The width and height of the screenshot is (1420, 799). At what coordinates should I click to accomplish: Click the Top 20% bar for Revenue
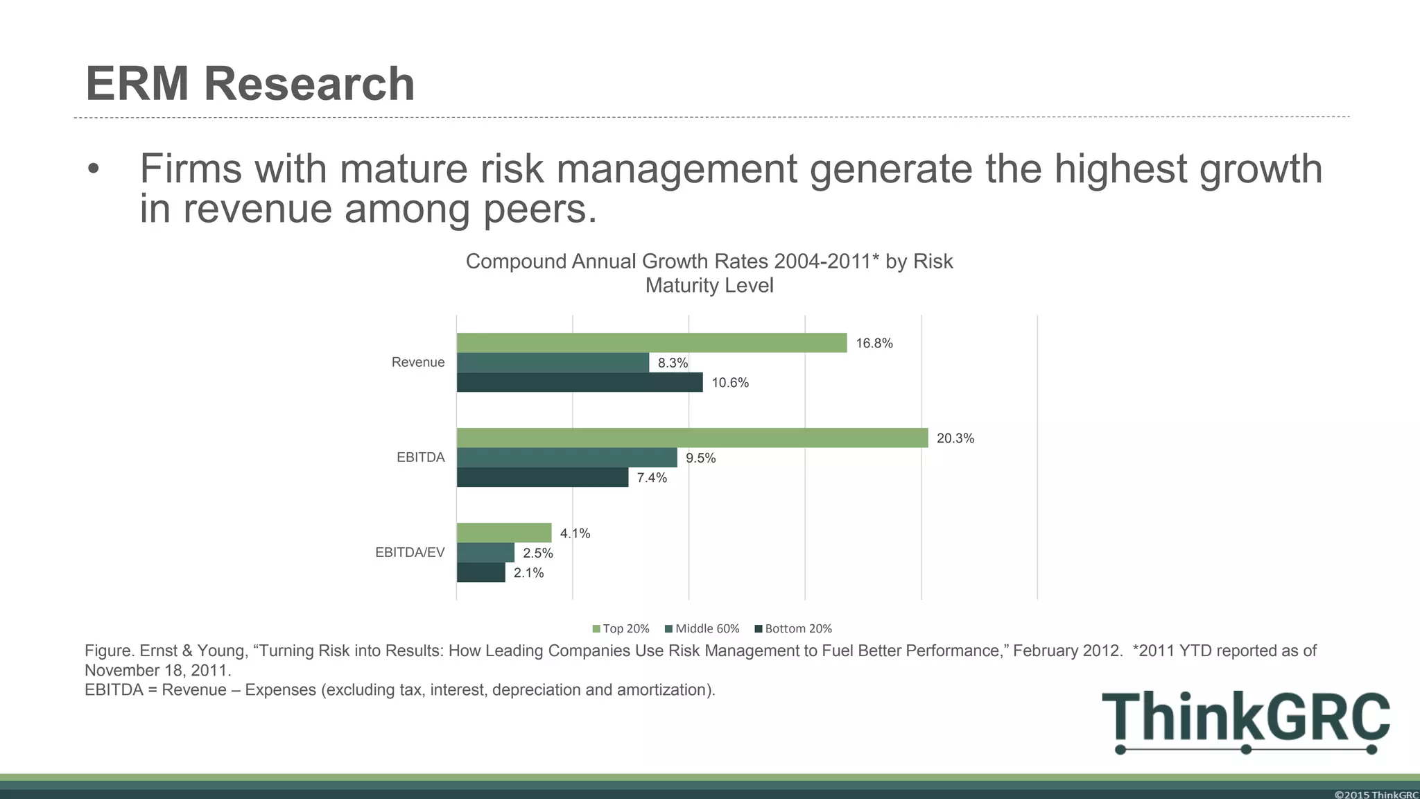click(652, 343)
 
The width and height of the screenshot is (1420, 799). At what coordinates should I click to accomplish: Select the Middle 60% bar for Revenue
click(553, 363)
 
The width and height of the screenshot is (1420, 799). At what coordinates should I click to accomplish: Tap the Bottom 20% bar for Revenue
click(580, 382)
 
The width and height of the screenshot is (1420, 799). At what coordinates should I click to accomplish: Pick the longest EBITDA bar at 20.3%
click(692, 438)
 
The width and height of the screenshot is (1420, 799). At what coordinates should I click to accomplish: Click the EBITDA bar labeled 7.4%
click(542, 477)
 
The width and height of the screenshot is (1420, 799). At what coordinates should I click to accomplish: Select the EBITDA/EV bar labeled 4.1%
click(504, 533)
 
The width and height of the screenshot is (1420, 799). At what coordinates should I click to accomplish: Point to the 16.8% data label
click(874, 343)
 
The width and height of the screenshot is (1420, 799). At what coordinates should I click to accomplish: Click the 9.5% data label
click(700, 458)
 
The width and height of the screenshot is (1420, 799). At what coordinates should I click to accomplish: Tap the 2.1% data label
click(528, 573)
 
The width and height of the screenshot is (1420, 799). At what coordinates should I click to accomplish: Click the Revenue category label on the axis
click(417, 362)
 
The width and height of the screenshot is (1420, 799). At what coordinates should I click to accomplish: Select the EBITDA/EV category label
click(409, 552)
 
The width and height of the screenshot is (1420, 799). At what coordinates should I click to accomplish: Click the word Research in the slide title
click(309, 84)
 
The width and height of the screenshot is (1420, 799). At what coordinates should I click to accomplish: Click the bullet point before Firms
click(94, 169)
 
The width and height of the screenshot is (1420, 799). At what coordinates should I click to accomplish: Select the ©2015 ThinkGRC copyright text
click(1376, 794)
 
